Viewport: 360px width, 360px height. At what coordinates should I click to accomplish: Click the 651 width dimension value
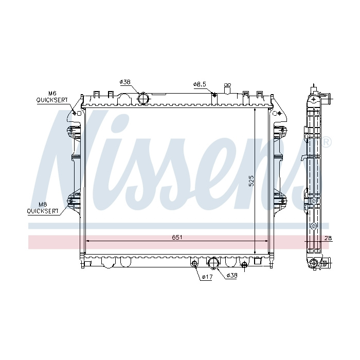pyautogui.click(x=177, y=237)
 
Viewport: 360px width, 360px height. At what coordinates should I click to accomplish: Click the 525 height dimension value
pyautogui.click(x=251, y=181)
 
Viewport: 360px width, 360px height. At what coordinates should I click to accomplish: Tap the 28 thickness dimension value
pyautogui.click(x=328, y=238)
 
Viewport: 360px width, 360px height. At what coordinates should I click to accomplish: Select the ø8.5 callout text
pyautogui.click(x=200, y=84)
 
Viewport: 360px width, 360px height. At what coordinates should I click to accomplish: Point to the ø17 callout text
pyautogui.click(x=207, y=277)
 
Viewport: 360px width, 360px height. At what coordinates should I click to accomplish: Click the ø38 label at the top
pyautogui.click(x=125, y=82)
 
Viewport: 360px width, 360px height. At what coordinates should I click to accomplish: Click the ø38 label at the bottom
pyautogui.click(x=231, y=276)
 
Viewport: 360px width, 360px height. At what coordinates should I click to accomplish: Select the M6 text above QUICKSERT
pyautogui.click(x=52, y=93)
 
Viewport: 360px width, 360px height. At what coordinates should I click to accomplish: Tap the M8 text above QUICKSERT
pyautogui.click(x=43, y=204)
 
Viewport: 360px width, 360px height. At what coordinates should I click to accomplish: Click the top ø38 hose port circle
pyautogui.click(x=143, y=99)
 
